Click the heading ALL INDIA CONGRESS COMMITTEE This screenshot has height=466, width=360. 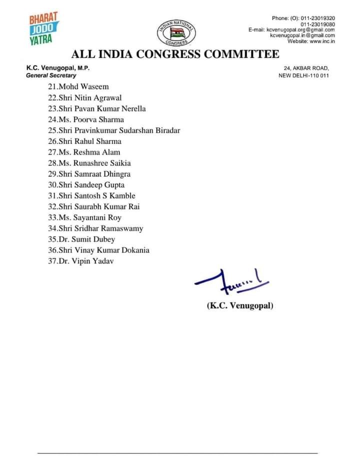coord(175,54)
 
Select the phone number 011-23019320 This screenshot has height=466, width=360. coord(317,18)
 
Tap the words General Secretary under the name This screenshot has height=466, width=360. coord(51,75)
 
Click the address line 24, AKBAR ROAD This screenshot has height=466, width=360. coord(306,68)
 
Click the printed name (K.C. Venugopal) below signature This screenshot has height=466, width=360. coord(240,305)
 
